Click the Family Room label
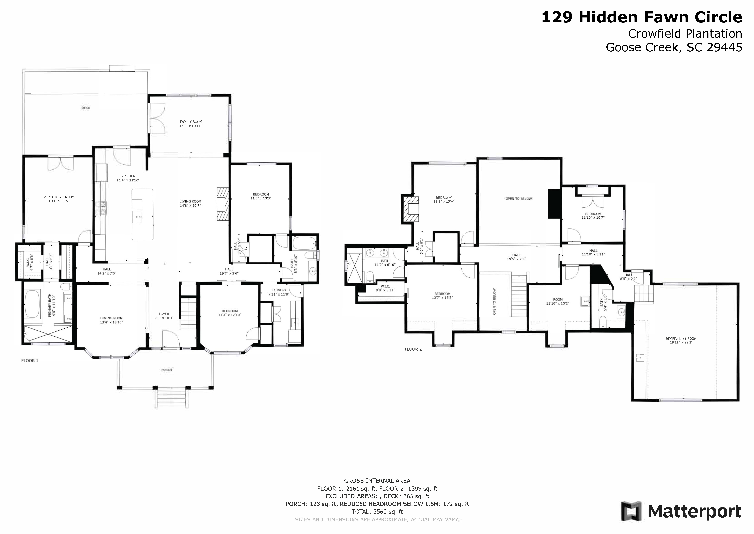191,122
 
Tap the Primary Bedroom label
59,197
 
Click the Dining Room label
111,318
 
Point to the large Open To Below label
519,199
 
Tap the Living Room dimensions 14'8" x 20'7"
190,205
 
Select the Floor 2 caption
413,349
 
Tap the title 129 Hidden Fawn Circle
642,17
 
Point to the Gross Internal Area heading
377,481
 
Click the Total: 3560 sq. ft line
377,512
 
